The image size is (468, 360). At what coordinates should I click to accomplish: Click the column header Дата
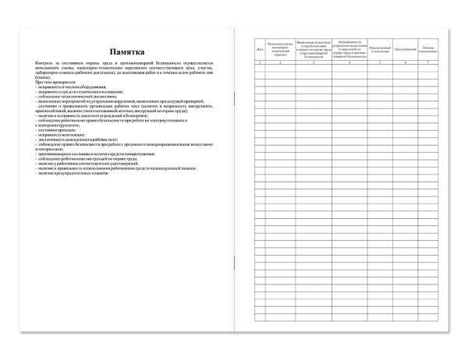coord(260,50)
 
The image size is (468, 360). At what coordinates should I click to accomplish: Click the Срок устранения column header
coord(404,50)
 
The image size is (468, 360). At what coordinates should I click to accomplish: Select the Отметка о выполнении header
coord(428,50)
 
